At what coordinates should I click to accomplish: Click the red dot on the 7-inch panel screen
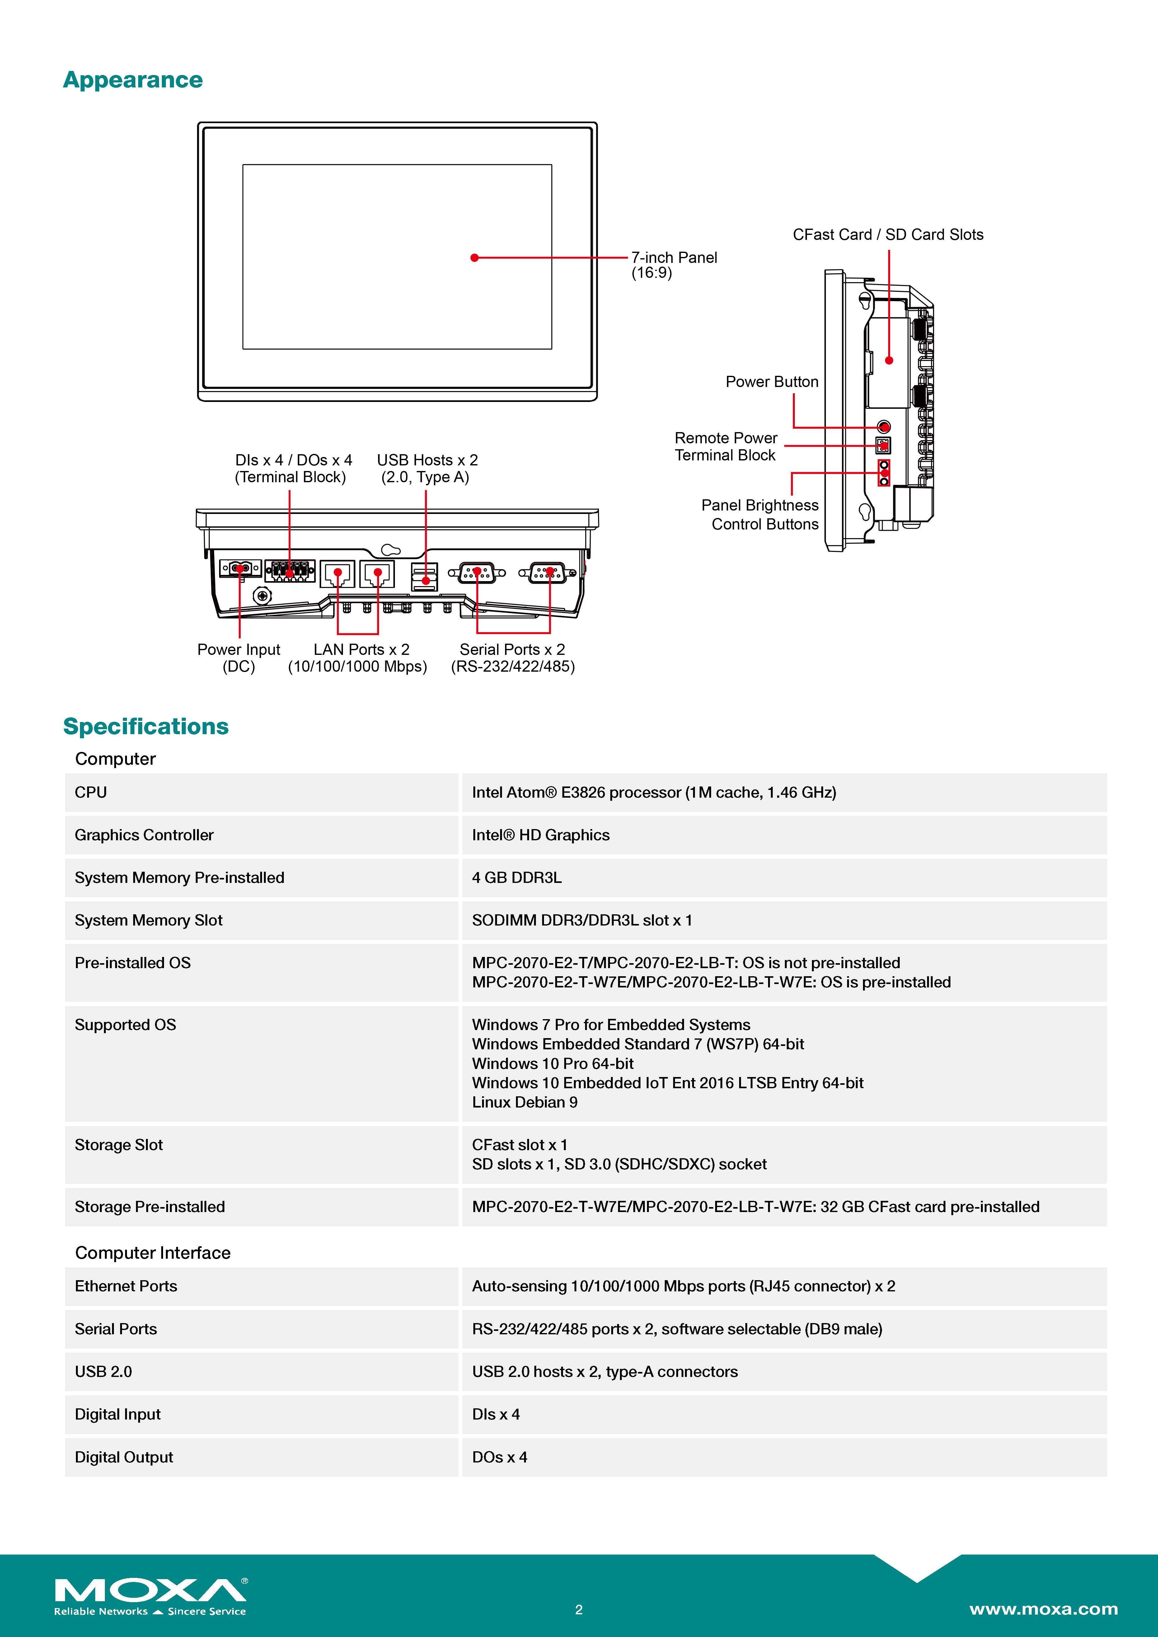[x=474, y=257]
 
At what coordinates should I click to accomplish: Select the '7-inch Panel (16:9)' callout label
[x=674, y=265]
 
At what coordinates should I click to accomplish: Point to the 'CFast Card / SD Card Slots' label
[x=888, y=235]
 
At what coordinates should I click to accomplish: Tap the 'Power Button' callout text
[x=771, y=381]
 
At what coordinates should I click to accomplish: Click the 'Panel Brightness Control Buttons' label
[x=760, y=514]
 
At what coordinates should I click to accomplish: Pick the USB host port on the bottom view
[x=425, y=576]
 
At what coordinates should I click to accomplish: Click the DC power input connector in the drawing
[x=240, y=568]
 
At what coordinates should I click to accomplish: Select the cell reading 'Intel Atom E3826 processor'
[x=654, y=792]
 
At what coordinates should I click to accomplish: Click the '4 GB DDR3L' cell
[x=517, y=878]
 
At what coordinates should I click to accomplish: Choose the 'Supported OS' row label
[x=125, y=1024]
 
